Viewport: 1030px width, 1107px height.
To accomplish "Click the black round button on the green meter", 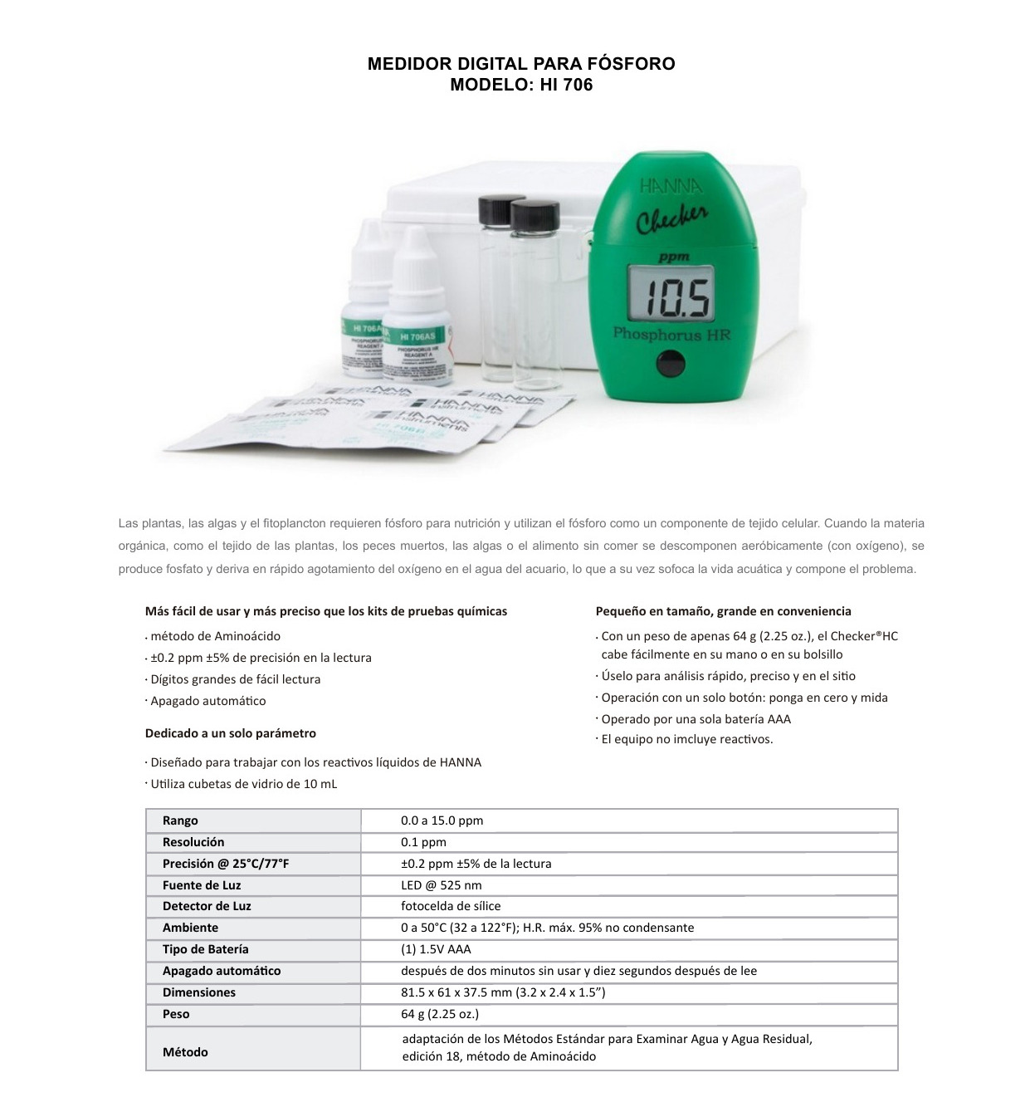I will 670,364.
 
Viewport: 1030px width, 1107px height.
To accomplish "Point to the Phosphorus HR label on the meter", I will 671,334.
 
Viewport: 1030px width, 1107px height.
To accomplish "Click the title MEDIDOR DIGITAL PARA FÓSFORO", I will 521,64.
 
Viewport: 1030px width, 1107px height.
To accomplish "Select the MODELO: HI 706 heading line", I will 521,85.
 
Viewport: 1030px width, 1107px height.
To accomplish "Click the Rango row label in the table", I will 180,820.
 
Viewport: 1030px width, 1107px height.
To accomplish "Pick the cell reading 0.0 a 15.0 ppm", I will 442,820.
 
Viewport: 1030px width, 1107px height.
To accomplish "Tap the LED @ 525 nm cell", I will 441,885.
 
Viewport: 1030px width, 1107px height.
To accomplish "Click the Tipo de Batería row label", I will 205,949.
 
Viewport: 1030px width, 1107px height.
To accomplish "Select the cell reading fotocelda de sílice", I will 451,906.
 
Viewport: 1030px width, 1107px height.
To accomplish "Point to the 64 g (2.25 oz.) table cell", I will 439,1014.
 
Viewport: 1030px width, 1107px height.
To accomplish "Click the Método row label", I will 185,1052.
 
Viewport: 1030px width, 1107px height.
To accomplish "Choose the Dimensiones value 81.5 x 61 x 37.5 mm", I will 503,992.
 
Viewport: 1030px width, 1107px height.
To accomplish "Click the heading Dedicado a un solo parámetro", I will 231,733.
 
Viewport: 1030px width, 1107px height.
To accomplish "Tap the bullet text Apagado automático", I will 208,701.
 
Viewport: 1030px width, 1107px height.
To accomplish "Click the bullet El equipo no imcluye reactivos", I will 687,739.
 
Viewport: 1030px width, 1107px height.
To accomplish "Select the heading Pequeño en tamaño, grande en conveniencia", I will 723,611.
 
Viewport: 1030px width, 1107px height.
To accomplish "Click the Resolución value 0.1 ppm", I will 423,842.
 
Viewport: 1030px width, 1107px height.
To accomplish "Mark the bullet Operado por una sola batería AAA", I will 696,719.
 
